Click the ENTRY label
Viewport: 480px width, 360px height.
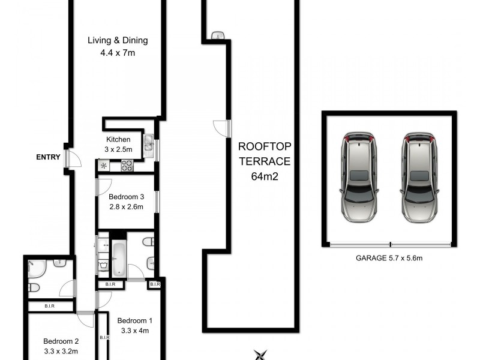48,158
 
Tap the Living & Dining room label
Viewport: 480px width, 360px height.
118,41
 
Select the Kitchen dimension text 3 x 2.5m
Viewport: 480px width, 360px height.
119,149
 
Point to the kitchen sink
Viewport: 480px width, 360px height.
148,143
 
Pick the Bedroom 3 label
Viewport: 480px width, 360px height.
126,196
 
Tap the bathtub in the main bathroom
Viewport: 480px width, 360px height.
119,258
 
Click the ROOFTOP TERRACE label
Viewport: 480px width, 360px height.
264,154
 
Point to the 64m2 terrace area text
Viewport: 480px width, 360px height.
264,176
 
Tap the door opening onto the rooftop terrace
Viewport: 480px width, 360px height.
221,128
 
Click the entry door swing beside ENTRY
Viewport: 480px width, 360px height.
73,158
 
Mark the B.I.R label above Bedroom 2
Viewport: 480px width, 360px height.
50,307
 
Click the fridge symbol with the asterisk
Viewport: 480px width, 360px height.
103,166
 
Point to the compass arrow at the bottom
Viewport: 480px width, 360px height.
260,355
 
